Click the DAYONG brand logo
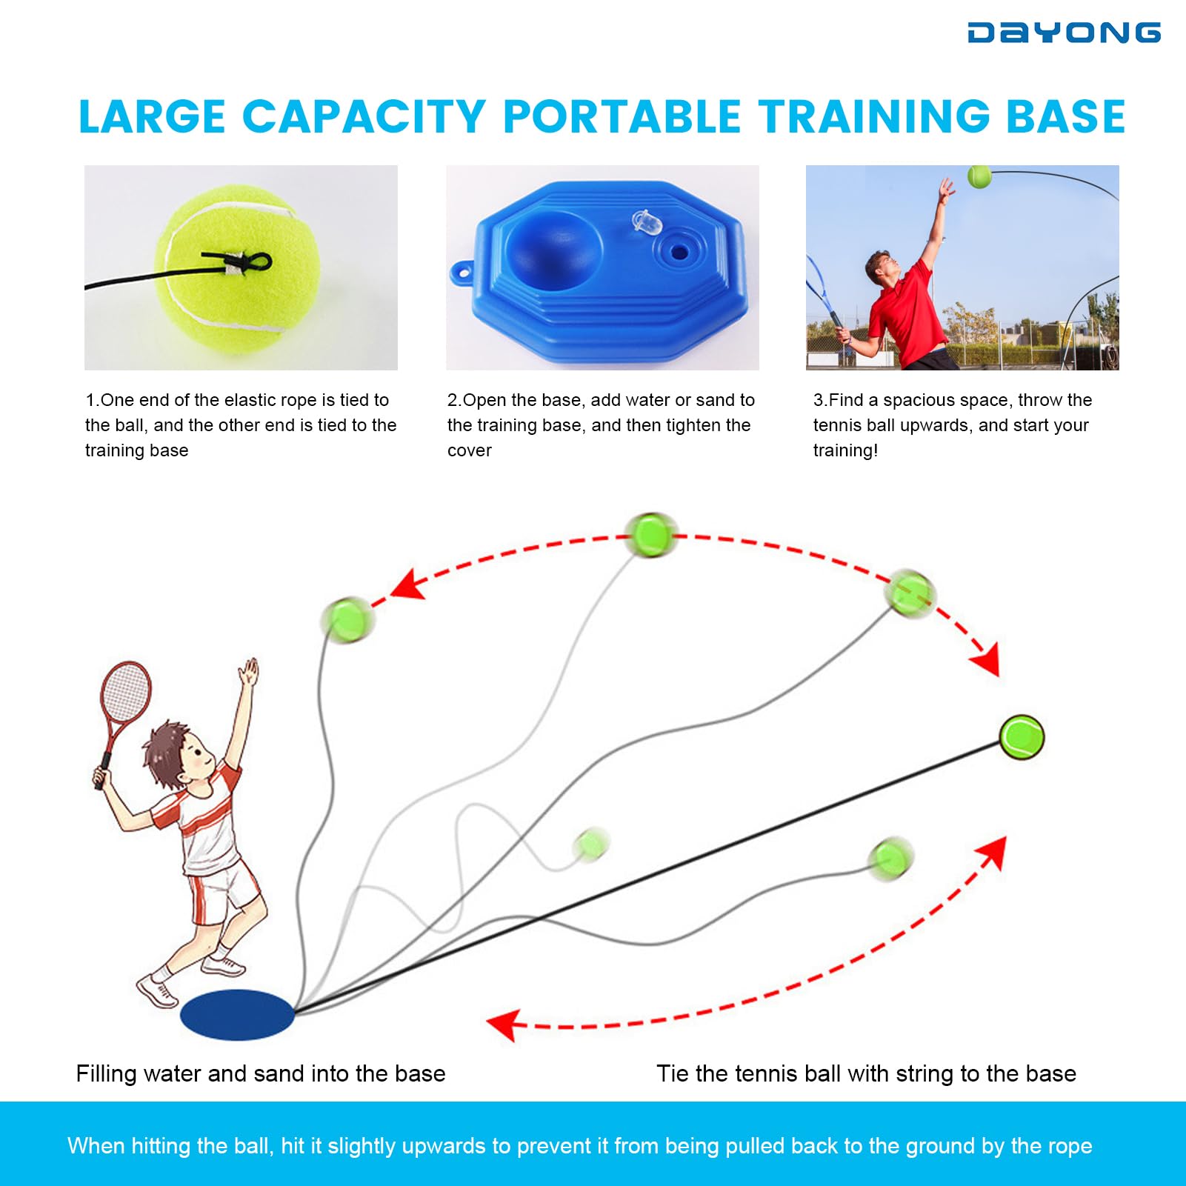tap(1064, 33)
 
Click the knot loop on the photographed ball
tap(256, 261)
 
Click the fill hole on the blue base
tap(679, 252)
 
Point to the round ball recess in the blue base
tap(554, 246)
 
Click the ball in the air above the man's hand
tap(979, 176)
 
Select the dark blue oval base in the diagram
tap(238, 1014)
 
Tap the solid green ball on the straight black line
tap(1022, 737)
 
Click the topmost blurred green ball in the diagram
tap(651, 534)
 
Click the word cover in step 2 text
tap(470, 450)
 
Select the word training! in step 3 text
tap(845, 450)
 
